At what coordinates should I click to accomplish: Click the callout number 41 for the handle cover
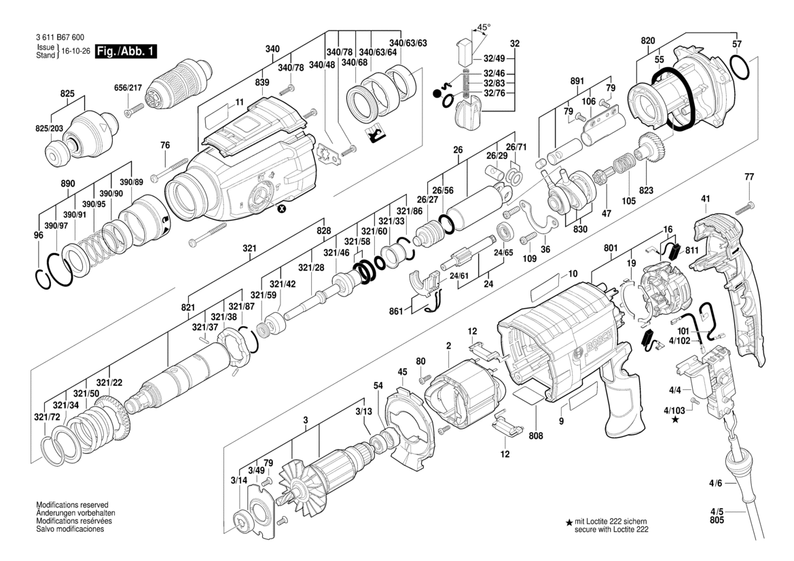705,199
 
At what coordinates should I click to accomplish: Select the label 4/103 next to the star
674,410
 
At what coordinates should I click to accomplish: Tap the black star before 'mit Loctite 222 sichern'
569,522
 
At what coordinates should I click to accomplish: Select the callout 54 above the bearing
378,385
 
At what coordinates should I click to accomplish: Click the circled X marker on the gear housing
281,210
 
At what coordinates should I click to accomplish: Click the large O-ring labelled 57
742,68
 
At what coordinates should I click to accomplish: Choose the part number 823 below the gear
645,191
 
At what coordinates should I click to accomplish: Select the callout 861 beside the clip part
396,311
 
